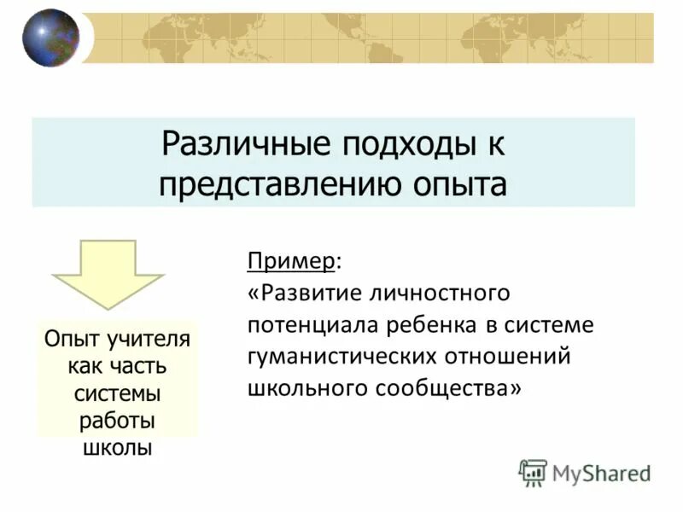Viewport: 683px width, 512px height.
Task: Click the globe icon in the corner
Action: coord(50,38)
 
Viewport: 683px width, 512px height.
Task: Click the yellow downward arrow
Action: coord(108,273)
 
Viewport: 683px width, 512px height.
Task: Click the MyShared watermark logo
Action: coord(586,472)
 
